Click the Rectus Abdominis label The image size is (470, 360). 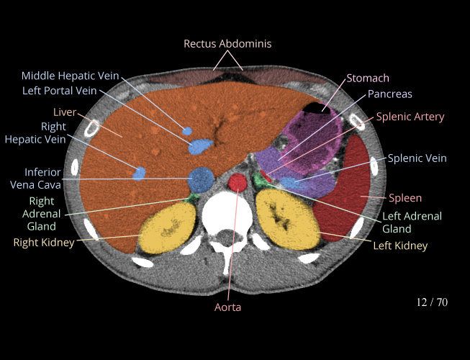point(227,44)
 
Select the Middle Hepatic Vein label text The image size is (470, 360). point(70,76)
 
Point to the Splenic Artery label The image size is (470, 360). point(410,117)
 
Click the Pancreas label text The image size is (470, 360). point(389,94)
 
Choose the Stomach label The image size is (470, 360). point(368,78)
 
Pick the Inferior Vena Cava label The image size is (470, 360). point(42,179)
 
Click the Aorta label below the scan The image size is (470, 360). point(227,307)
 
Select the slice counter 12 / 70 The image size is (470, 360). point(432,302)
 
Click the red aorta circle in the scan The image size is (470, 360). point(238,184)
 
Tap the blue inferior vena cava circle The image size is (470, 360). point(201,178)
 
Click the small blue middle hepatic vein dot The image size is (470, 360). point(187,131)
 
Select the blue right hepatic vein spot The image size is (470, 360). point(140,173)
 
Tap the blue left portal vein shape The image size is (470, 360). point(199,147)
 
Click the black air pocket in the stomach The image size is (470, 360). point(317,107)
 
